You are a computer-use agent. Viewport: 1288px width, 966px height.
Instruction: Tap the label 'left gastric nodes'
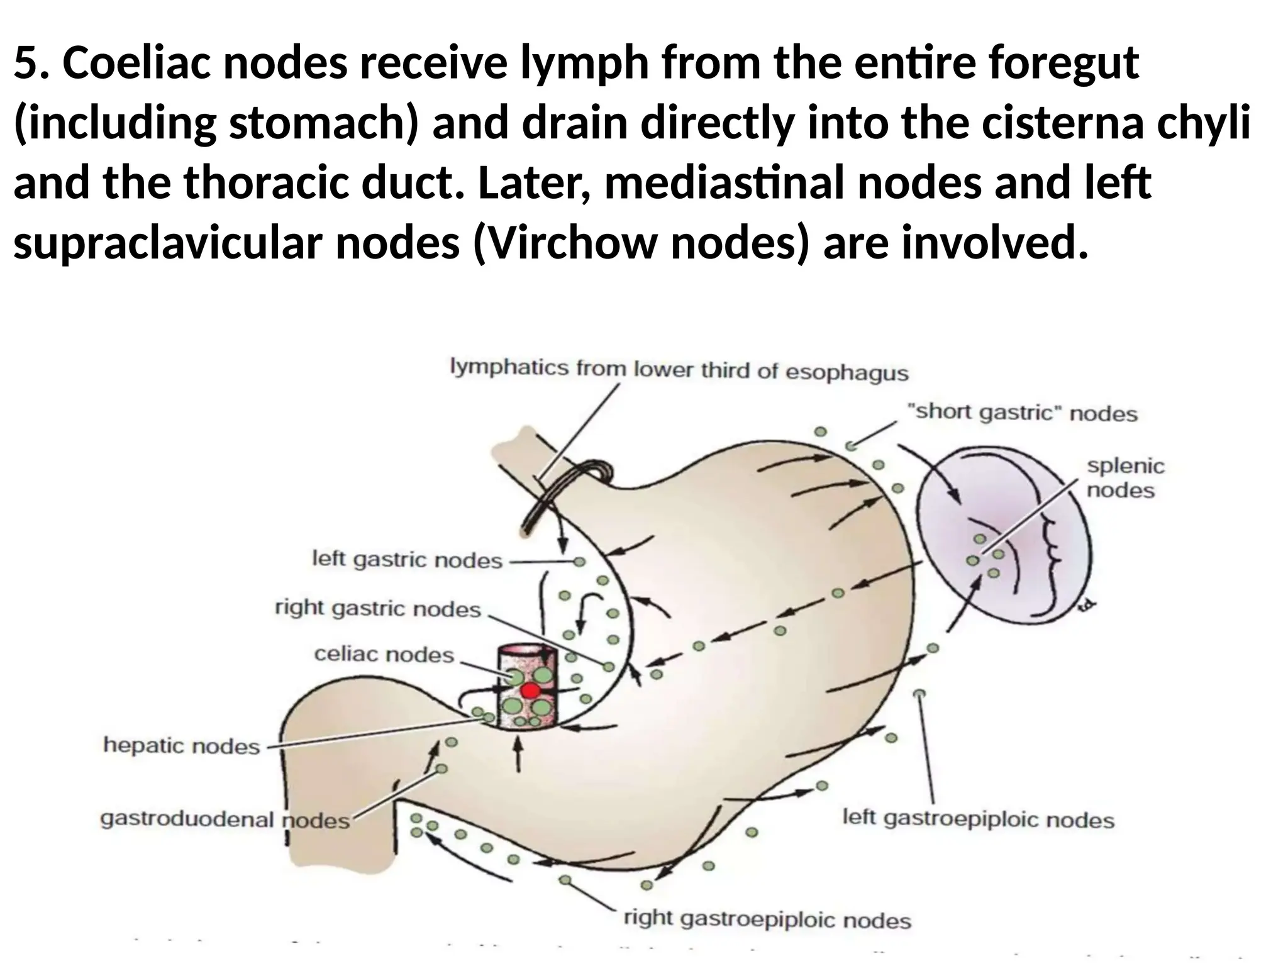408,559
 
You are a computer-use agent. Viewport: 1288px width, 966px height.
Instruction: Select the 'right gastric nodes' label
378,609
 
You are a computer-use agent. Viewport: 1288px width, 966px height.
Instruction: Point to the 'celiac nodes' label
384,655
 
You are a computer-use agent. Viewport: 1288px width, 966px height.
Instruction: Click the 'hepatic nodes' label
182,746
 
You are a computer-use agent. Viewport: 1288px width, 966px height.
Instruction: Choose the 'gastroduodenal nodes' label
225,819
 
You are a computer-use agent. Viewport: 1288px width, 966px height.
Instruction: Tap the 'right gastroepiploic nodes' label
767,919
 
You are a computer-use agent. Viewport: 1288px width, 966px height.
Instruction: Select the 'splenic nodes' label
1125,478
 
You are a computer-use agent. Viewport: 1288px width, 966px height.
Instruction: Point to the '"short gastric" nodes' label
1022,413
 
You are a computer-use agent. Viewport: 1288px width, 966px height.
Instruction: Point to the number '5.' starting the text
31,64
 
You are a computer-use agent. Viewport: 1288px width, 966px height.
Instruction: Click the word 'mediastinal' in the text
724,183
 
